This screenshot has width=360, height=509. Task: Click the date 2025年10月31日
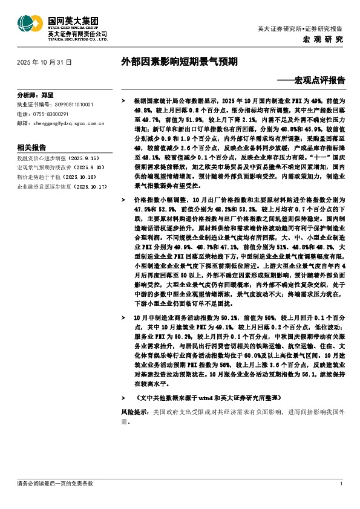pyautogui.click(x=44, y=62)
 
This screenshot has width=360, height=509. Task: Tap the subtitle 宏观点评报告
pyautogui.click(x=315, y=79)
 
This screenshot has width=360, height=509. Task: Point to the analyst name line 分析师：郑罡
pyautogui.click(x=36, y=96)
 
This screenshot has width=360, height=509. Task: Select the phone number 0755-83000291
pyautogui.click(x=50, y=113)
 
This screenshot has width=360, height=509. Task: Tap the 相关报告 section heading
pyautogui.click(x=32, y=148)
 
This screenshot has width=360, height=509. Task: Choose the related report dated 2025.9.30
pyautogui.click(x=53, y=166)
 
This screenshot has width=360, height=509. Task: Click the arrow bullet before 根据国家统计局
pyautogui.click(x=123, y=98)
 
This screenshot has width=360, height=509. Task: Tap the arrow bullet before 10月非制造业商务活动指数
pyautogui.click(x=123, y=316)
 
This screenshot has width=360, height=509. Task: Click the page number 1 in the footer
pyautogui.click(x=342, y=484)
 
